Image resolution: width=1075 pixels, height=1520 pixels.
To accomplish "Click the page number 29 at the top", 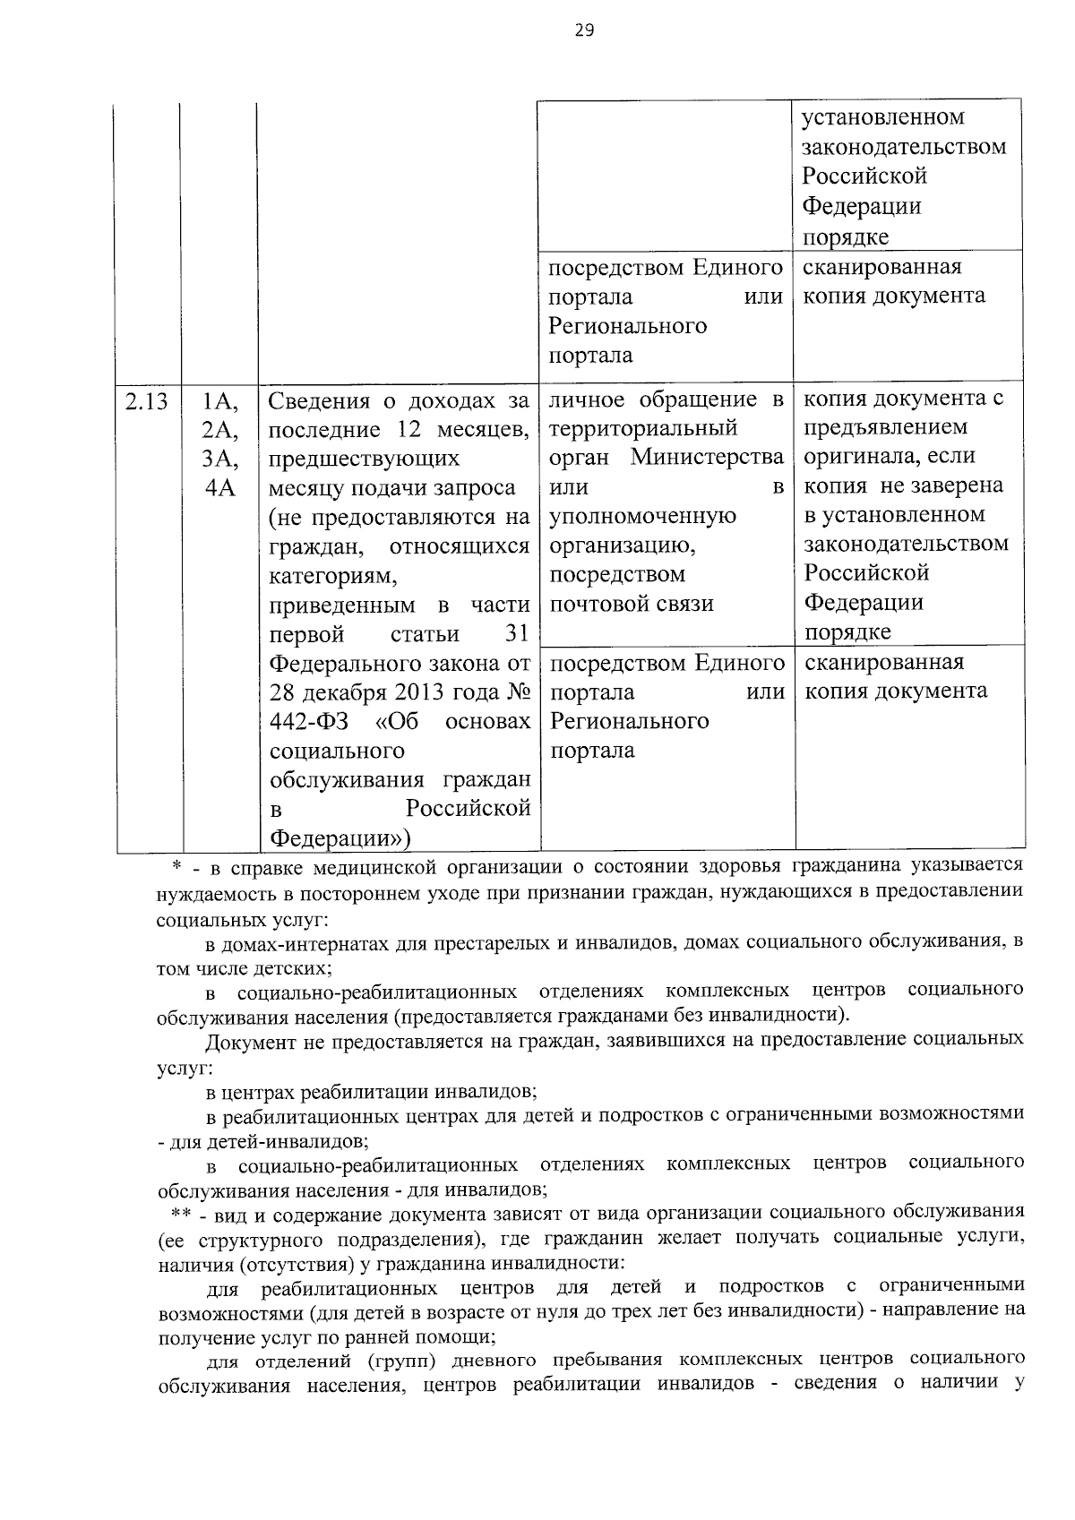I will (583, 30).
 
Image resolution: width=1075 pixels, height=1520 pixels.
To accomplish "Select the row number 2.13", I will (147, 401).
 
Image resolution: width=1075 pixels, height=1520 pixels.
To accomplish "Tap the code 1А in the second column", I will (219, 401).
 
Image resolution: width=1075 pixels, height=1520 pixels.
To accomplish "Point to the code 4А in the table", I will (219, 488).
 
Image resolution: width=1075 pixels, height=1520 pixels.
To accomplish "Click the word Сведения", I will (321, 401).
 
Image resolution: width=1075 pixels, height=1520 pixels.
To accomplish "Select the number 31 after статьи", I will (517, 634).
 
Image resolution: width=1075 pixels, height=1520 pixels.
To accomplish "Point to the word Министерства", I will (708, 457).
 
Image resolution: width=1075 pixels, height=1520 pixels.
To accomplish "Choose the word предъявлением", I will (885, 426).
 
